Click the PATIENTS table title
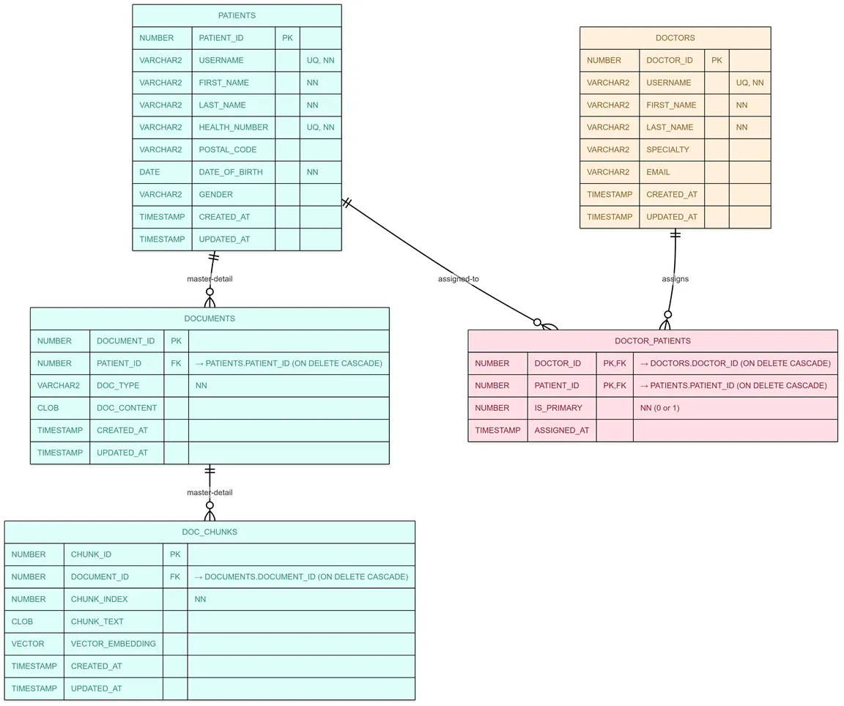coord(237,15)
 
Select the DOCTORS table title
coord(675,38)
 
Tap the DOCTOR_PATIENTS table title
coord(652,341)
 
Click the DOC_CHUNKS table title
coord(210,532)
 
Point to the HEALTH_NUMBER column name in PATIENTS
coord(233,127)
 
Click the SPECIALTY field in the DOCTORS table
coord(667,149)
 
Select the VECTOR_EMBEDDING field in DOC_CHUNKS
coord(113,644)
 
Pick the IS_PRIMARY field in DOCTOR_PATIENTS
coord(558,408)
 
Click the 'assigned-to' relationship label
coord(458,279)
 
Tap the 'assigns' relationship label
coord(675,279)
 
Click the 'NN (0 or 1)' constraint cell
coord(659,408)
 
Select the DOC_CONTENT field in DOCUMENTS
coord(126,408)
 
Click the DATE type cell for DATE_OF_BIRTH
coord(149,172)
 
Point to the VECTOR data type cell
coord(28,644)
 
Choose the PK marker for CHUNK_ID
coord(175,554)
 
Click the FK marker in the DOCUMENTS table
coord(176,363)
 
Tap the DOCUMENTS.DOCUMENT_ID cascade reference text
coord(300,577)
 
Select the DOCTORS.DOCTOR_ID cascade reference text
coord(735,363)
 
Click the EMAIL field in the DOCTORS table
coord(658,172)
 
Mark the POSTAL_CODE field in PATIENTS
coord(228,149)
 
